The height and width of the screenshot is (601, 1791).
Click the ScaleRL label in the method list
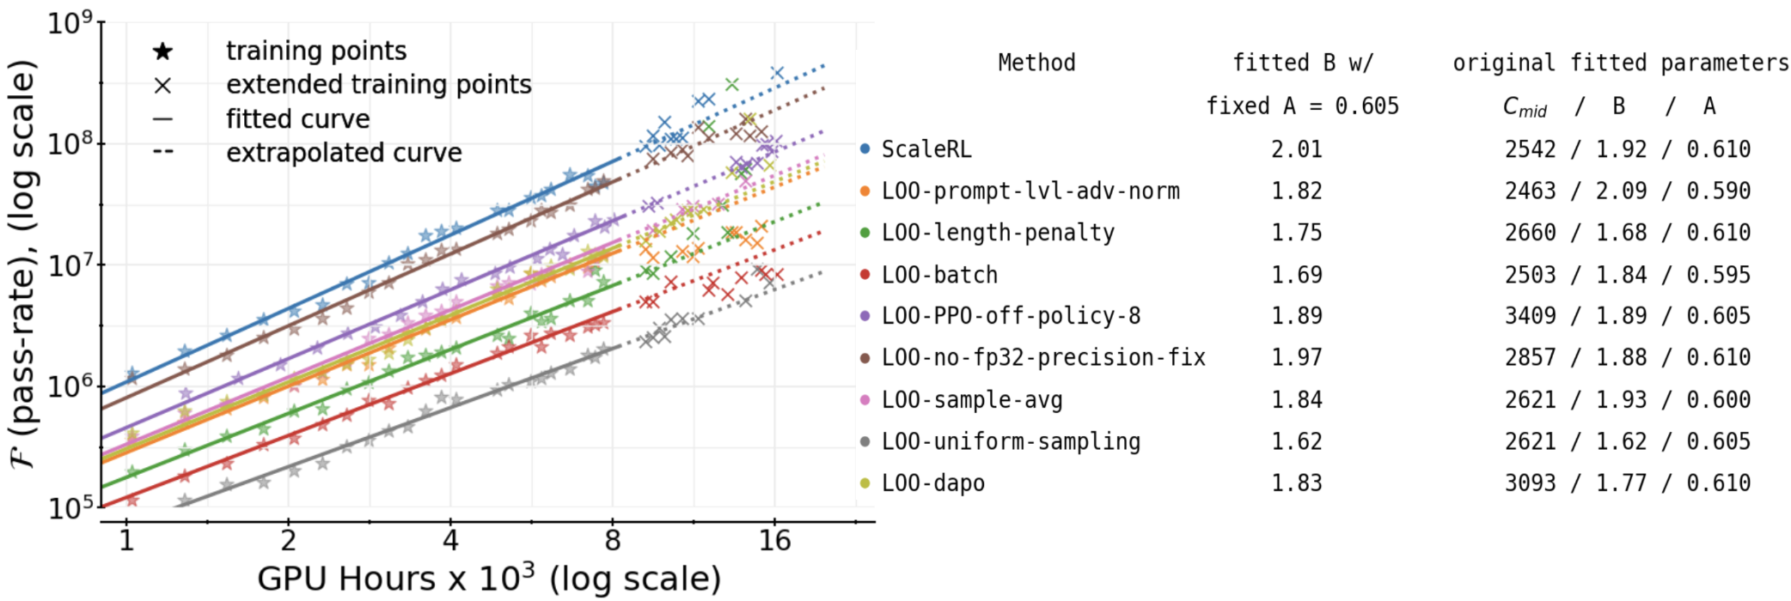pos(926,149)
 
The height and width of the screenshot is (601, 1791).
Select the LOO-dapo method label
pos(933,483)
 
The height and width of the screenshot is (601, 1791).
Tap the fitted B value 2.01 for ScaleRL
pos(1297,149)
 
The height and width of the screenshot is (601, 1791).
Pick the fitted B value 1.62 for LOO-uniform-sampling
pos(1297,441)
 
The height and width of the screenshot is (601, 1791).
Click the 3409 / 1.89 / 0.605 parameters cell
pos(1627,316)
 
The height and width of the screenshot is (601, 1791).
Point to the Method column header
pos(1036,63)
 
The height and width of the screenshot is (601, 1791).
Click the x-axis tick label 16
pos(774,542)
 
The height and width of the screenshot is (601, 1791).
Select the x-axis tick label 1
pos(126,542)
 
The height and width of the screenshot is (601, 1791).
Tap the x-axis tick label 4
pos(450,542)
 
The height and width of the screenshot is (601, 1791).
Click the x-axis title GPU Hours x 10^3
pos(489,578)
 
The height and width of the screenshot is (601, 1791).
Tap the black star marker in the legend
pos(162,52)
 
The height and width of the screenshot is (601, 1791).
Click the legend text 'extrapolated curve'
pos(344,153)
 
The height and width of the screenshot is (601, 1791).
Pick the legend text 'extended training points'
pos(378,85)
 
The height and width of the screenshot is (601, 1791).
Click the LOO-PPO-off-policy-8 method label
pos(1011,316)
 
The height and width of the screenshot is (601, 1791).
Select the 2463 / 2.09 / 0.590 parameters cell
pos(1627,191)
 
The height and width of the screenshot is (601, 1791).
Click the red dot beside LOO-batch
pos(865,275)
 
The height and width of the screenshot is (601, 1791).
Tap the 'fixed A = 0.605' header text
pos(1302,106)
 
